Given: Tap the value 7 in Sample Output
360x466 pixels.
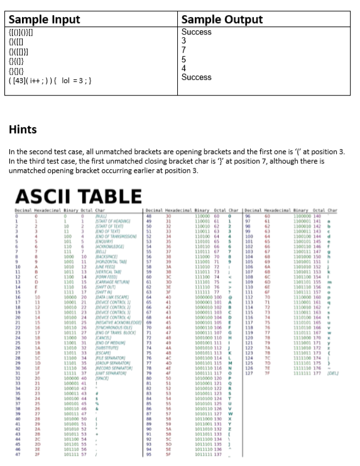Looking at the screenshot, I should [183, 49].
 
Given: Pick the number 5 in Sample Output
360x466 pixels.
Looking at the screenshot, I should [183, 58].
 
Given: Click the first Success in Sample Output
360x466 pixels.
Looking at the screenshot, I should [196, 31].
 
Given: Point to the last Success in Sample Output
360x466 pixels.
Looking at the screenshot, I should [196, 77].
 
